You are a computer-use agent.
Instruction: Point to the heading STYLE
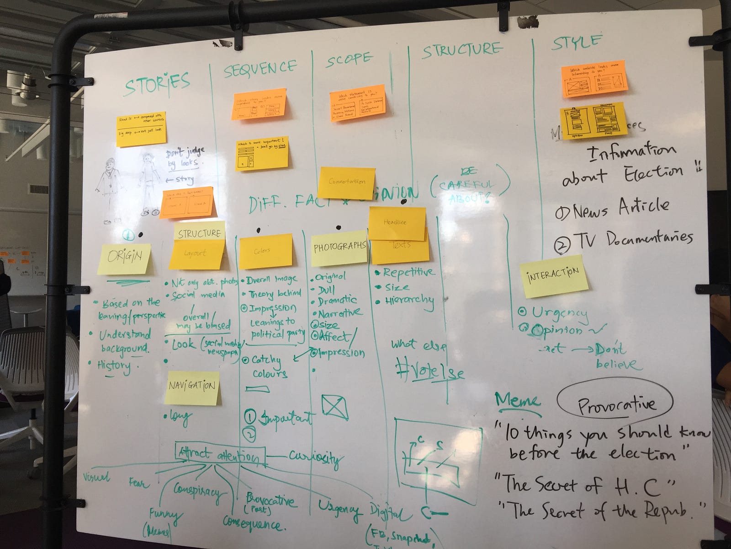tap(576, 43)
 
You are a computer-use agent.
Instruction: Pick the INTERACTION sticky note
tap(554, 275)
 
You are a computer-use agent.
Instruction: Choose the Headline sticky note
tap(397, 222)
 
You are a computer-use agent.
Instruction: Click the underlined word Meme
tap(517, 401)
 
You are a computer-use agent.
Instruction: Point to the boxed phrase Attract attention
tap(220, 455)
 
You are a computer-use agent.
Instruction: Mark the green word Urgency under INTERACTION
tap(559, 312)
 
